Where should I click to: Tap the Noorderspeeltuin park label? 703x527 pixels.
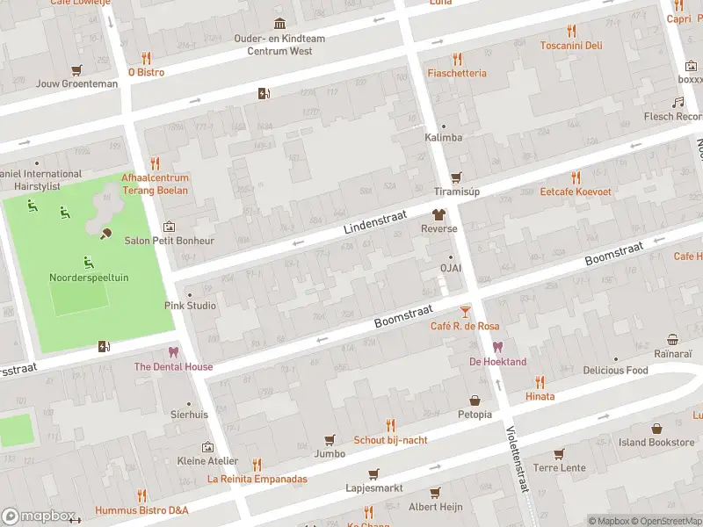click(89, 278)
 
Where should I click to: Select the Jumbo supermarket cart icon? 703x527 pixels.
click(330, 439)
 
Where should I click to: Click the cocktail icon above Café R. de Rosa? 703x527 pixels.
click(465, 311)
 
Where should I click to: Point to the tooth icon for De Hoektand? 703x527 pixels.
click(498, 347)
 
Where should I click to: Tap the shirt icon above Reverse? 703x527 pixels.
click(438, 213)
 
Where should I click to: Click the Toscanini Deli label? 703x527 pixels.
click(571, 46)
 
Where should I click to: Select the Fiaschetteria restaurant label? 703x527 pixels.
click(457, 73)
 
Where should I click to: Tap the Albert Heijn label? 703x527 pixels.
click(435, 508)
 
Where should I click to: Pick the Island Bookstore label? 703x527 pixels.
click(656, 443)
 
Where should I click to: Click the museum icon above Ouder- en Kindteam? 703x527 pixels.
click(279, 23)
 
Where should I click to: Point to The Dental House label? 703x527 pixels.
click(173, 366)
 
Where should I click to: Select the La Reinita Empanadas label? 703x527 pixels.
click(257, 479)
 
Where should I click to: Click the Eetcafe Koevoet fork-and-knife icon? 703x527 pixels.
click(576, 176)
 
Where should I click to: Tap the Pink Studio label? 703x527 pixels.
click(190, 307)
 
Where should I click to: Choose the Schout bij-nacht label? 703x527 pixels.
click(391, 439)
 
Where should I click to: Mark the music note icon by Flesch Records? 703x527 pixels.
click(678, 102)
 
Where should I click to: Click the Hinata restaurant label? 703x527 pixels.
click(540, 396)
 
